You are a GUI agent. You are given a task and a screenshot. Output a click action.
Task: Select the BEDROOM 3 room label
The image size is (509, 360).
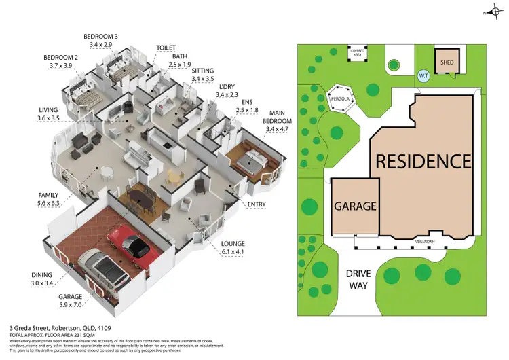point(101,40)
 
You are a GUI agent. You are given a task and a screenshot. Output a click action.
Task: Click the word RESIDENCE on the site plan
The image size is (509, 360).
point(423,162)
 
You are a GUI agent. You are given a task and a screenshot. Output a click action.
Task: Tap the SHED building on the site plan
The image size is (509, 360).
point(447,61)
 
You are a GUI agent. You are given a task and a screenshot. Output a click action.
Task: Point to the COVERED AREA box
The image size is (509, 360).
point(358,52)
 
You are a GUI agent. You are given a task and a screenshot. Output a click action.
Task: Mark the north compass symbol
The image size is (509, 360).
point(492,12)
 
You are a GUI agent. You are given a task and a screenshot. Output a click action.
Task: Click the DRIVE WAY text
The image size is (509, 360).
point(358,278)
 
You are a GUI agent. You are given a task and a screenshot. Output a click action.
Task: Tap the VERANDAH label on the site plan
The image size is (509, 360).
point(426,241)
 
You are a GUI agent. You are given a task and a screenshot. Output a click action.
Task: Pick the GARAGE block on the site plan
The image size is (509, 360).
point(354,206)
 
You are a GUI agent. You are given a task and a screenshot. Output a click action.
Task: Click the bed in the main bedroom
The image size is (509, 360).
point(252,159)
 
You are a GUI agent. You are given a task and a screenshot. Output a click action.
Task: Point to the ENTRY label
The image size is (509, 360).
point(257,204)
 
